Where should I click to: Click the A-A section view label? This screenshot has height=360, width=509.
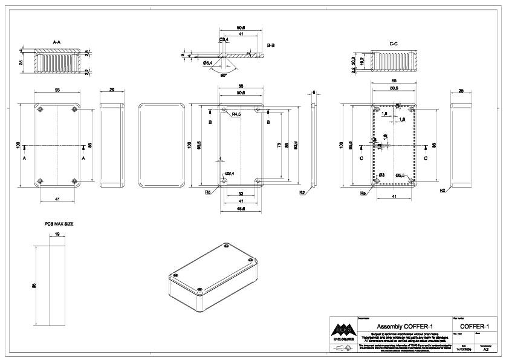[57, 42]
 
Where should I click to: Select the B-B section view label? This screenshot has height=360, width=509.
[271, 46]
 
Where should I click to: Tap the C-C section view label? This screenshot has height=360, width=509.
[393, 44]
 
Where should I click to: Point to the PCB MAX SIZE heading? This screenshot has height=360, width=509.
[59, 224]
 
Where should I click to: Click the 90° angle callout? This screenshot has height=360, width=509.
[224, 75]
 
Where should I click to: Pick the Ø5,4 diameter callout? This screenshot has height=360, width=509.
[207, 63]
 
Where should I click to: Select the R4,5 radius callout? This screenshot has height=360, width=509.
[236, 114]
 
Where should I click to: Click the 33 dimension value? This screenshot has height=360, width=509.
[241, 194]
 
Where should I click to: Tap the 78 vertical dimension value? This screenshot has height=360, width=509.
[279, 146]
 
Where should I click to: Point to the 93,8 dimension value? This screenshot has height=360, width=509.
[296, 146]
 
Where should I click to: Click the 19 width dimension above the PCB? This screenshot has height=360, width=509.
[56, 234]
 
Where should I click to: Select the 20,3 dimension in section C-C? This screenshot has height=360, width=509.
[353, 61]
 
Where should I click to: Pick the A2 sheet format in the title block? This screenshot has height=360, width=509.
[485, 350]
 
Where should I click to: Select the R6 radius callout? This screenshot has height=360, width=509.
[207, 192]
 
